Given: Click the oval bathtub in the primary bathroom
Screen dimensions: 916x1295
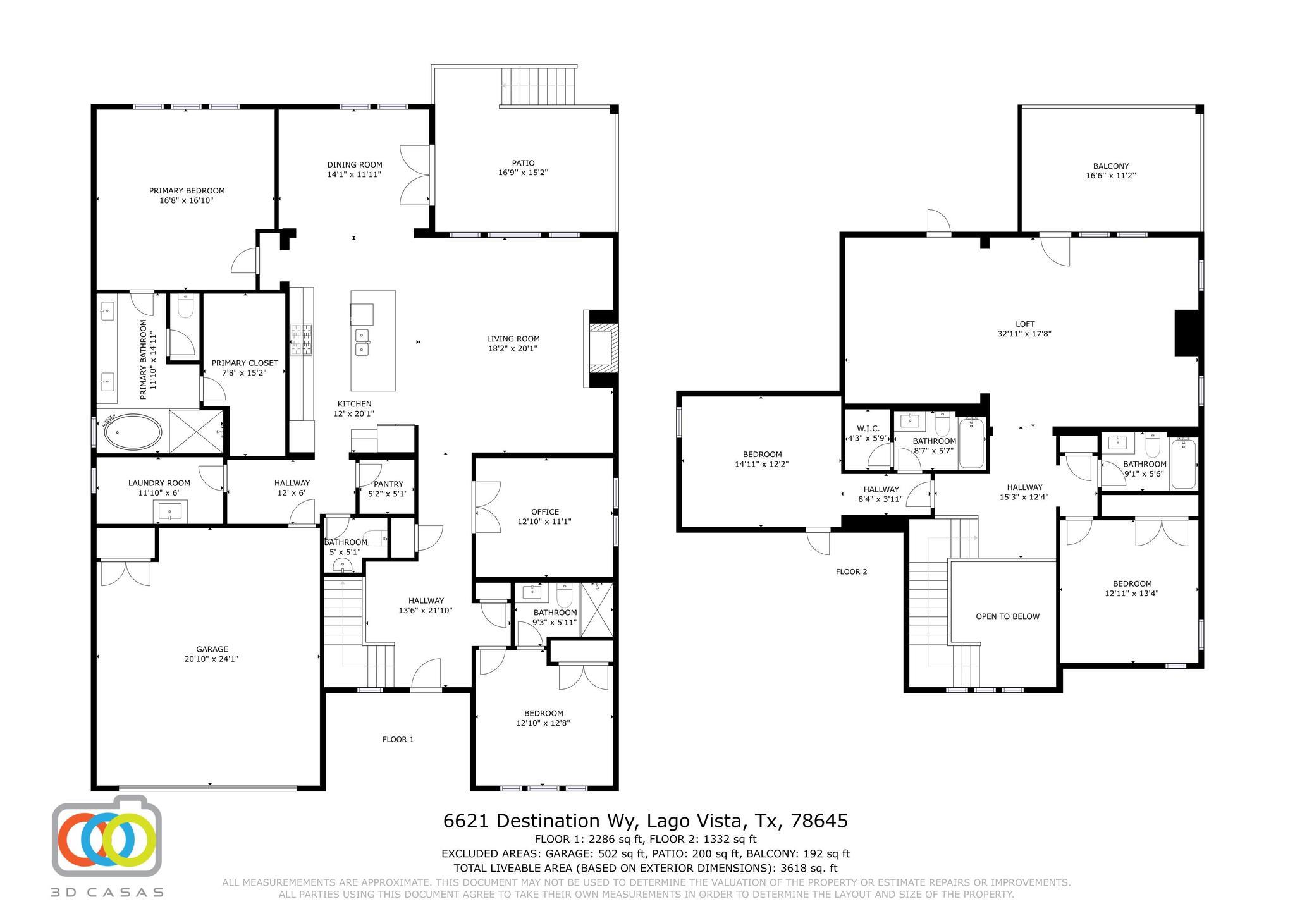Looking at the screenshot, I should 133,433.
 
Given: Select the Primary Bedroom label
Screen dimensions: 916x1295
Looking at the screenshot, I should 187,190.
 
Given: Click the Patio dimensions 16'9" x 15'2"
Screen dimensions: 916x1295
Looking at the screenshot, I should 523,173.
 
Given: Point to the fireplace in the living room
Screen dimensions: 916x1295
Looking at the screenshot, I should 601,348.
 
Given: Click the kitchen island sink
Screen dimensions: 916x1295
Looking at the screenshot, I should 362,342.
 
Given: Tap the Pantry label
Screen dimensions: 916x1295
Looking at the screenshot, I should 388,484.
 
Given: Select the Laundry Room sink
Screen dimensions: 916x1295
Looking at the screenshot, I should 170,511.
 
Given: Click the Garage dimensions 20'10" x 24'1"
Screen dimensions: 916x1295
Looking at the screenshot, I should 212,659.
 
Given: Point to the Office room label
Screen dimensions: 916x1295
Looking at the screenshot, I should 544,512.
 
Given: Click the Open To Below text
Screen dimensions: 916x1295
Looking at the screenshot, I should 1007,616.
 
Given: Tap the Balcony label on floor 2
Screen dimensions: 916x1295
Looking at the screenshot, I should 1110,166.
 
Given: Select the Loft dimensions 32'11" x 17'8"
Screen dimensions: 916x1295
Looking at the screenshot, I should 1024,334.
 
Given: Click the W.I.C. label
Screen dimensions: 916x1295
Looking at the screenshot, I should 868,429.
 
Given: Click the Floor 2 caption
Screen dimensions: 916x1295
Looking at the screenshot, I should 851,571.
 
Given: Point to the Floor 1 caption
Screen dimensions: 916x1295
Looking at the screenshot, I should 398,739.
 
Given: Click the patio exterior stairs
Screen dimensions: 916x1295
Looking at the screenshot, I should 538,87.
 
